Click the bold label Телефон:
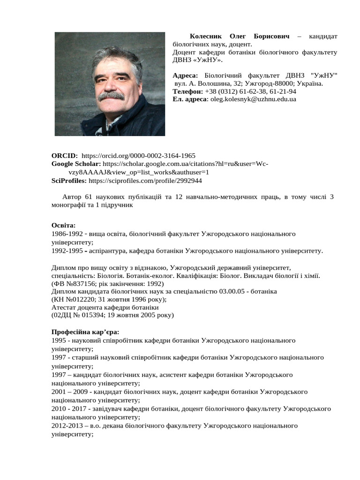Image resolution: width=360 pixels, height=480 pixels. click(187, 91)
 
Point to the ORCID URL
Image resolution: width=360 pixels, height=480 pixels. click(138, 156)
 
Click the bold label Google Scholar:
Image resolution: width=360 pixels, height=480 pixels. click(76, 164)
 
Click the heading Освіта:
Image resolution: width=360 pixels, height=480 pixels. click(63, 225)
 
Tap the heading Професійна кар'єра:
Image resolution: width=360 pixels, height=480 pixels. click(85, 332)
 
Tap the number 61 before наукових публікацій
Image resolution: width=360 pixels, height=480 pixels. click(90, 197)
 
